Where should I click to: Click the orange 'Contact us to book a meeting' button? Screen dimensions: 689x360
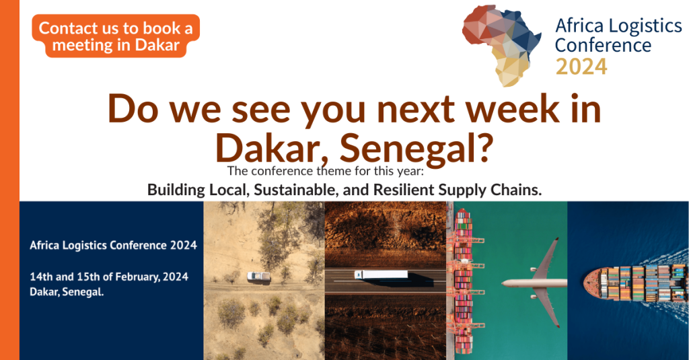[116, 36]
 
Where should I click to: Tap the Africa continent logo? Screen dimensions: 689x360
[501, 46]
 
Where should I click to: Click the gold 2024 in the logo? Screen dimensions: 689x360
[581, 67]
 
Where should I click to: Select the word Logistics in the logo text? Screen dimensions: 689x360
[645, 26]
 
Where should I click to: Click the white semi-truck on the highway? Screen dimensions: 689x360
[381, 275]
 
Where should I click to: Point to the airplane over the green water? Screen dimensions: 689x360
[534, 282]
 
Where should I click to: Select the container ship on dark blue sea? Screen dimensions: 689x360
[634, 282]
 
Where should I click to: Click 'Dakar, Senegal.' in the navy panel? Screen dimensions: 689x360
[67, 292]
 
